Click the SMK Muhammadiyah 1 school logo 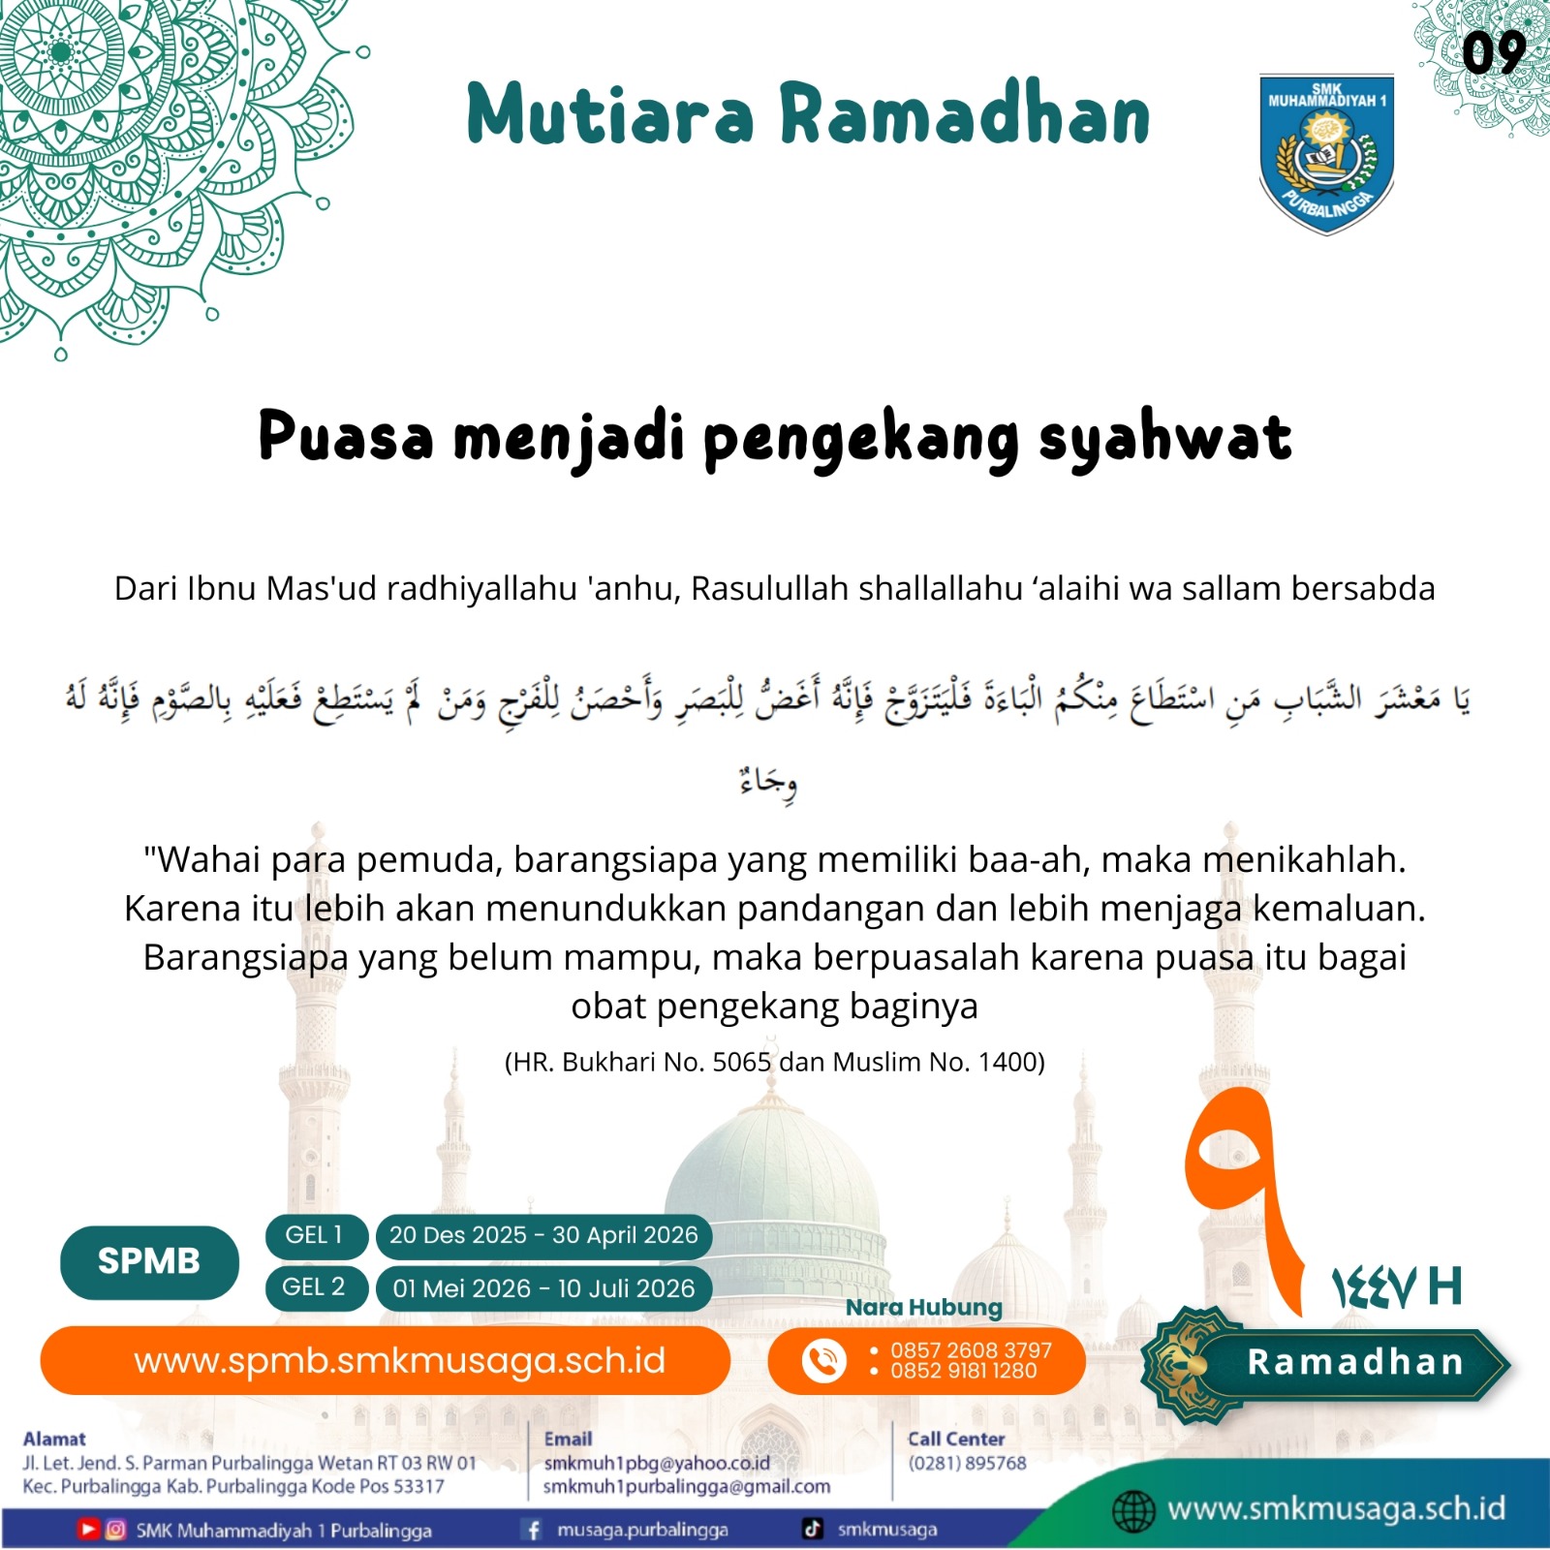[x=1326, y=153]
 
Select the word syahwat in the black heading [x=1165, y=437]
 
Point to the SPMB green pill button [x=149, y=1261]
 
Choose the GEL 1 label [x=315, y=1235]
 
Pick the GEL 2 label [x=315, y=1287]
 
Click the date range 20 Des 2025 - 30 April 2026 [x=543, y=1235]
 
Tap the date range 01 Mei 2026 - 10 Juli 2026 [x=543, y=1288]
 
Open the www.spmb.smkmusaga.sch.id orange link [x=399, y=1361]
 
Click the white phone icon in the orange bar [x=823, y=1361]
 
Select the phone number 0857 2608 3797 [x=971, y=1350]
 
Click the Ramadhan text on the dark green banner [x=1354, y=1362]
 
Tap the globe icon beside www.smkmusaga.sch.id [x=1132, y=1511]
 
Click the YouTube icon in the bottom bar [x=88, y=1530]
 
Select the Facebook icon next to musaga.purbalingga [x=533, y=1530]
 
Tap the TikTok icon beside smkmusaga [x=812, y=1529]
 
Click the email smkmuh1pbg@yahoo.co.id [x=656, y=1463]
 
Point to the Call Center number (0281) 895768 [x=966, y=1463]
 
